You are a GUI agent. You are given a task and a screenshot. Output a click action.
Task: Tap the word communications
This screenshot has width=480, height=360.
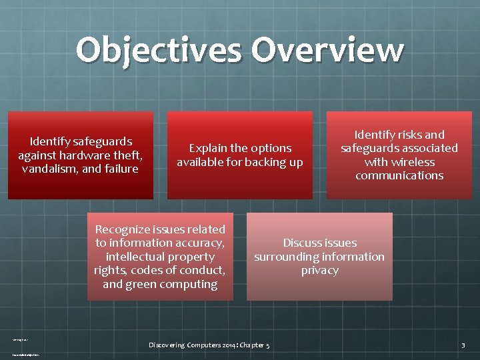[399, 176]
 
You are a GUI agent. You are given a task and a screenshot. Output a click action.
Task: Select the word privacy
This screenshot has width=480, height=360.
[319, 270]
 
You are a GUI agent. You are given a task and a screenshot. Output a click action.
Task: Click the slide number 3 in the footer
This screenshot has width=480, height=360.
[463, 345]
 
